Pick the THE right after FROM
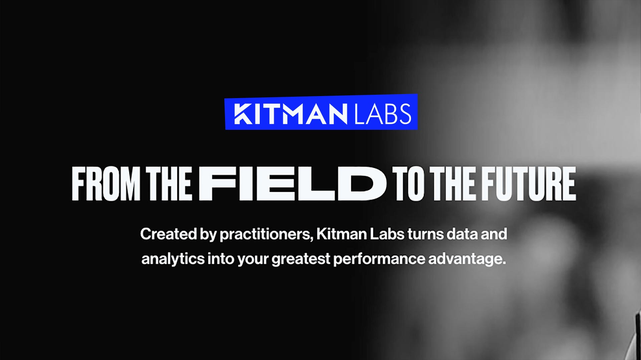(170, 184)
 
